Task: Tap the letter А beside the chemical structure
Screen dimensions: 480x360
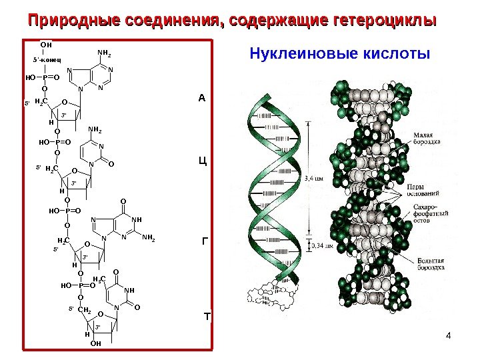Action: pos(202,99)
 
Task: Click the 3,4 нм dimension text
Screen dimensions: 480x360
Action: pos(314,178)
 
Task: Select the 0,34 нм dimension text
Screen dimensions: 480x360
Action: pos(323,246)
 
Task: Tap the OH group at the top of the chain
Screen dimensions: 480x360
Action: pos(46,45)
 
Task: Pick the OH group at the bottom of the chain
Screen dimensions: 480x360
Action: pos(95,344)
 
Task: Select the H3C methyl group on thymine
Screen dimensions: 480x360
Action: pos(101,279)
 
